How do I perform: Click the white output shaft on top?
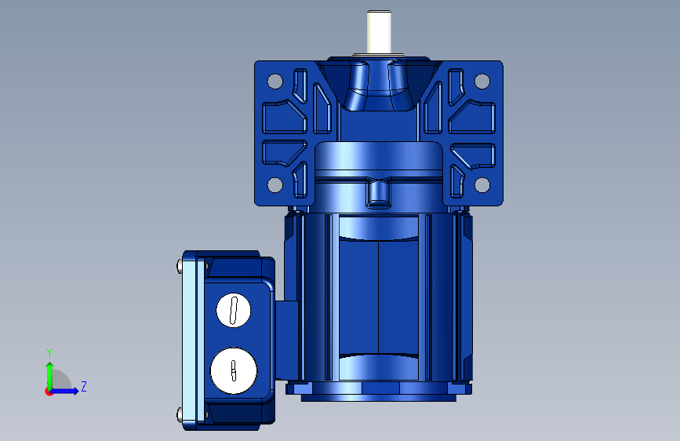(x=379, y=32)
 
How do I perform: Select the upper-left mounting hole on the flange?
(x=275, y=81)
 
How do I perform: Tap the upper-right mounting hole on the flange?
(x=482, y=81)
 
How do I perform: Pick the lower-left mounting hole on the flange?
(x=275, y=184)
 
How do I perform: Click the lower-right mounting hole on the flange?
(x=482, y=184)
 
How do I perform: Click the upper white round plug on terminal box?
(x=233, y=310)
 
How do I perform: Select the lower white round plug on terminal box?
(x=234, y=370)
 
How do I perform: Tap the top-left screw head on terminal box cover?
(x=180, y=266)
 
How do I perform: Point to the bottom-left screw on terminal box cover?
(x=180, y=414)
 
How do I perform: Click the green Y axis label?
(x=49, y=353)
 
